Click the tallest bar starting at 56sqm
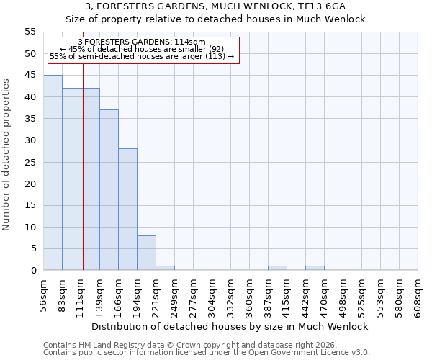point(53,173)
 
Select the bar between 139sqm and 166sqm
point(109,190)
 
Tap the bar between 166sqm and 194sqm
point(127,210)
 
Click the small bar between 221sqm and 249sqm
point(165,268)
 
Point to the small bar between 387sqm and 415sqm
point(277,268)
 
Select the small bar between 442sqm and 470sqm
point(315,268)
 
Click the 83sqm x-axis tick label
point(63,296)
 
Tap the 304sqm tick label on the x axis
point(212,296)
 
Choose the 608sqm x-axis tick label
point(418,296)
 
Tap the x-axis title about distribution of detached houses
point(230,326)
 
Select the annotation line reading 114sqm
point(142,42)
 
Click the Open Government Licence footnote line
point(207,353)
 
